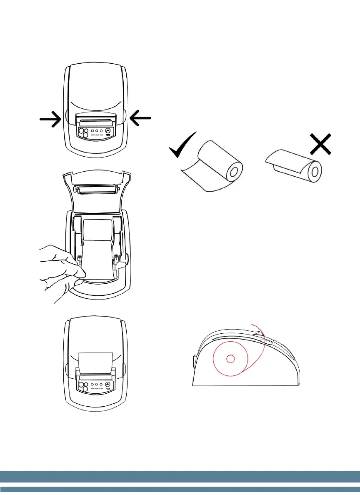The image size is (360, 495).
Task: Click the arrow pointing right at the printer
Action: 50,119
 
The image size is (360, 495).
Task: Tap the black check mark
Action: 183,145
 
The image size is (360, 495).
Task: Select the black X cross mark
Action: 321,144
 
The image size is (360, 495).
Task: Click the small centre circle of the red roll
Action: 230,358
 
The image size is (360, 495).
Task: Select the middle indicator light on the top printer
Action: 96,130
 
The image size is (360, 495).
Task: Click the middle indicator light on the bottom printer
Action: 96,384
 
